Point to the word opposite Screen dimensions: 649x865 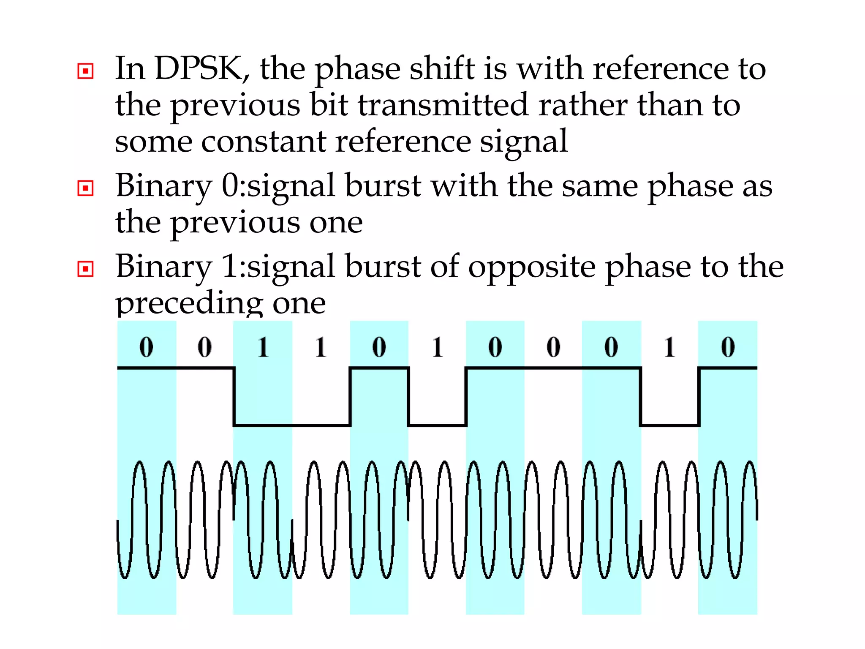pos(532,267)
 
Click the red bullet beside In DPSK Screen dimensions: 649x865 pos(86,71)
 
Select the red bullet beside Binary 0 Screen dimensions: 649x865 pos(86,188)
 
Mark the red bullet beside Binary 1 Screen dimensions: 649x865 pos(86,269)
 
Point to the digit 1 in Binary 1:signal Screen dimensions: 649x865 pos(230,267)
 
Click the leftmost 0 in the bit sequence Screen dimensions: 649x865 pos(146,347)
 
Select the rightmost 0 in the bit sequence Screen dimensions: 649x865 pos(728,347)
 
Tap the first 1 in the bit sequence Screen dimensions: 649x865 pos(263,347)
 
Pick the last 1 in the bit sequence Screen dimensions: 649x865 pos(669,347)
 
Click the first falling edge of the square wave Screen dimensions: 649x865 pos(234,397)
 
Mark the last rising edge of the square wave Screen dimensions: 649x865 pos(699,397)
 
